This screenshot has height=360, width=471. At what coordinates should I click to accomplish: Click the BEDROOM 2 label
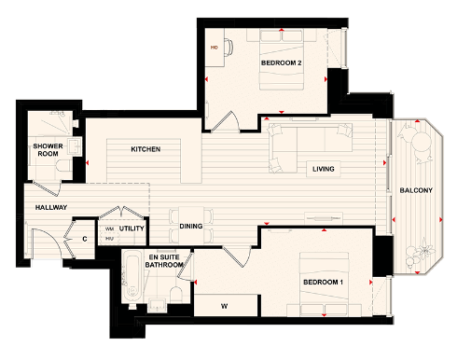coord(281,62)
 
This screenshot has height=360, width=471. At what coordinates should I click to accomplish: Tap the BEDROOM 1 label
coord(323,282)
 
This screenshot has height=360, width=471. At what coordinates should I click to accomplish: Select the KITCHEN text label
coord(145,149)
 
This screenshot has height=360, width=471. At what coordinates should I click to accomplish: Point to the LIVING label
coord(324,169)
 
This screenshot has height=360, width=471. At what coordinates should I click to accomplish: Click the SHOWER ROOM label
coord(47,151)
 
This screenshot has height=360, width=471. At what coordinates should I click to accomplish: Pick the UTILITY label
coord(132,228)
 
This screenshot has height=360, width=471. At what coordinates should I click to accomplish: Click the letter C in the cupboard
coord(84,239)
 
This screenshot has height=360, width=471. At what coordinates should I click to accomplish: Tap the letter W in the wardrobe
coord(225,304)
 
